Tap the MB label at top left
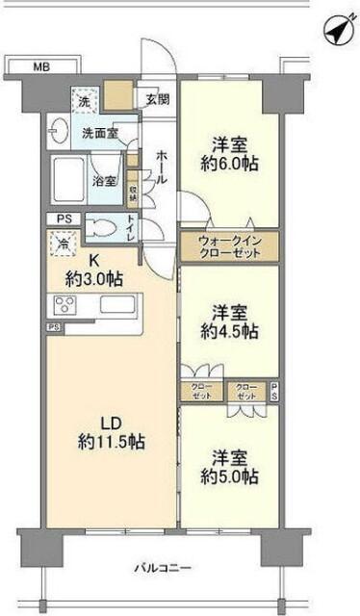tap(39, 66)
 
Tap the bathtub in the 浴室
tap(68, 182)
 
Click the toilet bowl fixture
tap(101, 229)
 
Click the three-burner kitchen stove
tap(64, 307)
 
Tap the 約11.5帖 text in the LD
tap(116, 442)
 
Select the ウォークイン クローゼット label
tap(230, 247)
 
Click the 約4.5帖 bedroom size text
tap(230, 331)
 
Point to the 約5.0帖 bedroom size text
tap(230, 475)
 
